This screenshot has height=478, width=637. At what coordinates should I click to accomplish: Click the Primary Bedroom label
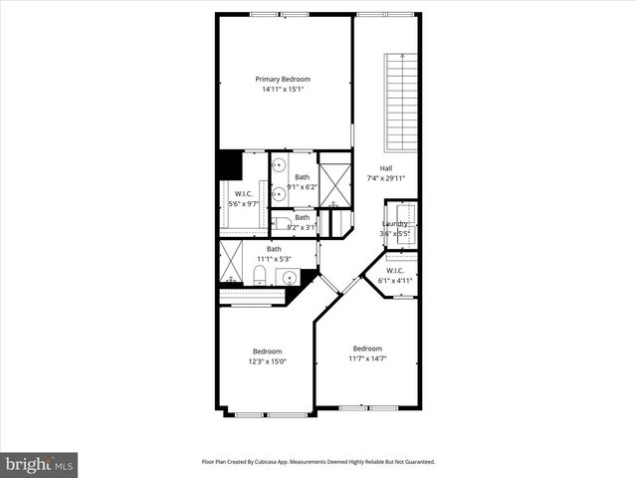283,80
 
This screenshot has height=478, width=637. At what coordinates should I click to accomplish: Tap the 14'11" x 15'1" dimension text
283,90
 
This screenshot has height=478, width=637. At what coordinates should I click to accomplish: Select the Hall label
386,168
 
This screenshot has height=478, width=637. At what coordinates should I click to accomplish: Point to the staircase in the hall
400,100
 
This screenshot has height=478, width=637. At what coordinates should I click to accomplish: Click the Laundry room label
395,224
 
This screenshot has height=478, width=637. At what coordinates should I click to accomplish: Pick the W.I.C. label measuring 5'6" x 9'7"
244,194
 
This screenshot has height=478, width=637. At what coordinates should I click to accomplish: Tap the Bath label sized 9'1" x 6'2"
302,177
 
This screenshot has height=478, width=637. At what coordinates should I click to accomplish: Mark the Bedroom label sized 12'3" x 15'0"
268,351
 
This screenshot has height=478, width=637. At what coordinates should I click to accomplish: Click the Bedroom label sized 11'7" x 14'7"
367,348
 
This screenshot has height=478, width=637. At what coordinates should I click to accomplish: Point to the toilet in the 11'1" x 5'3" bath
259,274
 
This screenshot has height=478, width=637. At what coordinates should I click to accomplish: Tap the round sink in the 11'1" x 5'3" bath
279,276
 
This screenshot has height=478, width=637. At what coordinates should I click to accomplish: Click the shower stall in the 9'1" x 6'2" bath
334,180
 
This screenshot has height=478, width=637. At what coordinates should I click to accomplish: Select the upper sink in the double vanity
280,164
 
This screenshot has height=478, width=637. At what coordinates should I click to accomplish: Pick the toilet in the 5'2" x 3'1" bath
282,223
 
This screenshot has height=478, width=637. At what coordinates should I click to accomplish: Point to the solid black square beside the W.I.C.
230,164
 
